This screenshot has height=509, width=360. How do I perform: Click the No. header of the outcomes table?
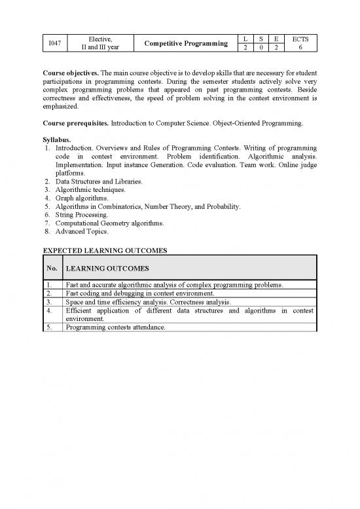pyautogui.click(x=52, y=269)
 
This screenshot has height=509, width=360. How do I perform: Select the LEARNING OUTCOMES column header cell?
pyautogui.click(x=107, y=269)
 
